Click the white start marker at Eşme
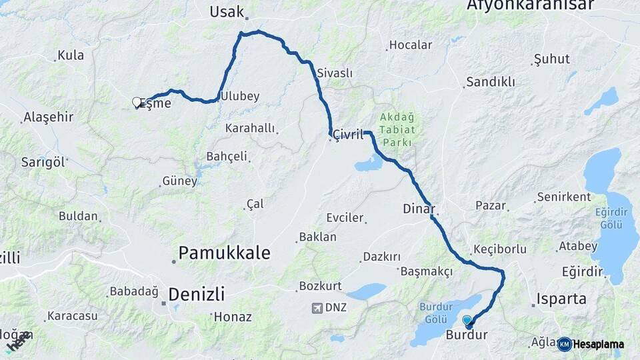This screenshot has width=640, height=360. point(137,102)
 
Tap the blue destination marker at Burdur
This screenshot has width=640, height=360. point(467,321)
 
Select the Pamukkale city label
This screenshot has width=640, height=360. point(225,253)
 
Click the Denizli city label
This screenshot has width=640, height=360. point(197,294)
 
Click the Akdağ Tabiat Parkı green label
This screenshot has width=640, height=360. point(397,129)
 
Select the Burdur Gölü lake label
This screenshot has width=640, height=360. point(437,313)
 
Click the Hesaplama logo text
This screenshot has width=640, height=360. point(598,344)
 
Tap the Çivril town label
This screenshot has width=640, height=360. point(349,134)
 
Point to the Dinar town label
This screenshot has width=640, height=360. point(419,208)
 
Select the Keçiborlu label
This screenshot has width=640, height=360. point(500,249)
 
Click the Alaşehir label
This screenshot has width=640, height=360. point(48,117)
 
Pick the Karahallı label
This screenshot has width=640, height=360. point(250,128)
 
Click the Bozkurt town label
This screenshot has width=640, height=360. point(321,286)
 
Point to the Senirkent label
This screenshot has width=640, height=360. point(564,197)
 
